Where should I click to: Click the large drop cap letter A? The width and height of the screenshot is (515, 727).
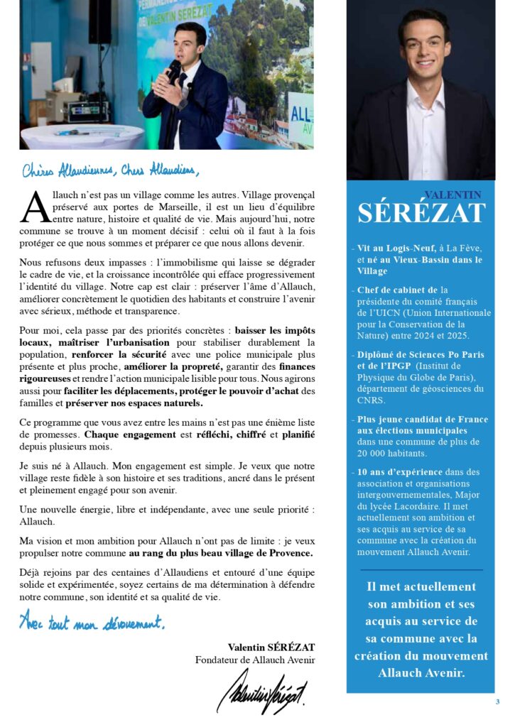[35, 208]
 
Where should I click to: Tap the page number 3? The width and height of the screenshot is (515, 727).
[497, 702]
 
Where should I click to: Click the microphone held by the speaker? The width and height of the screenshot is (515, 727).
[173, 71]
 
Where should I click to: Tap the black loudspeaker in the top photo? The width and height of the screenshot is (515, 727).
[99, 22]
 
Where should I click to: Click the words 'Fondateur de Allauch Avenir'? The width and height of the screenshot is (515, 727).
[255, 660]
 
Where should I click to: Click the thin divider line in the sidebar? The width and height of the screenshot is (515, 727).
[421, 570]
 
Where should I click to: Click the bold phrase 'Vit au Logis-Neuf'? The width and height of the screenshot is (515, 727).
[395, 248]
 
